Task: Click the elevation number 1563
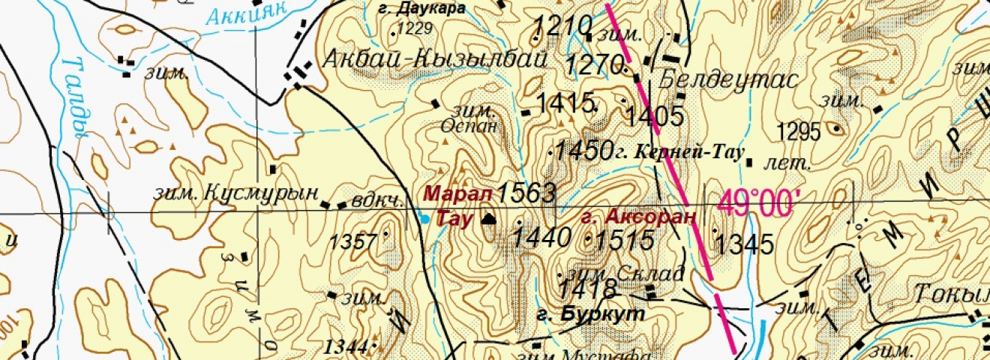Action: [526, 193]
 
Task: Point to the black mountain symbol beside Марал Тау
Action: [489, 219]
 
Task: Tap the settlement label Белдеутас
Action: [727, 81]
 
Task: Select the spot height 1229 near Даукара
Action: [415, 29]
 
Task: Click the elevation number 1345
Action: [743, 244]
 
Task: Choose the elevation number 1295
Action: [799, 132]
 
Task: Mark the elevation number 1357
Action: [352, 241]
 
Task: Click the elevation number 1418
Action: [587, 289]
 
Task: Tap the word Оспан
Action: [469, 125]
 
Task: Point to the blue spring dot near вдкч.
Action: [425, 219]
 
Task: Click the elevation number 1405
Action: [655, 116]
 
